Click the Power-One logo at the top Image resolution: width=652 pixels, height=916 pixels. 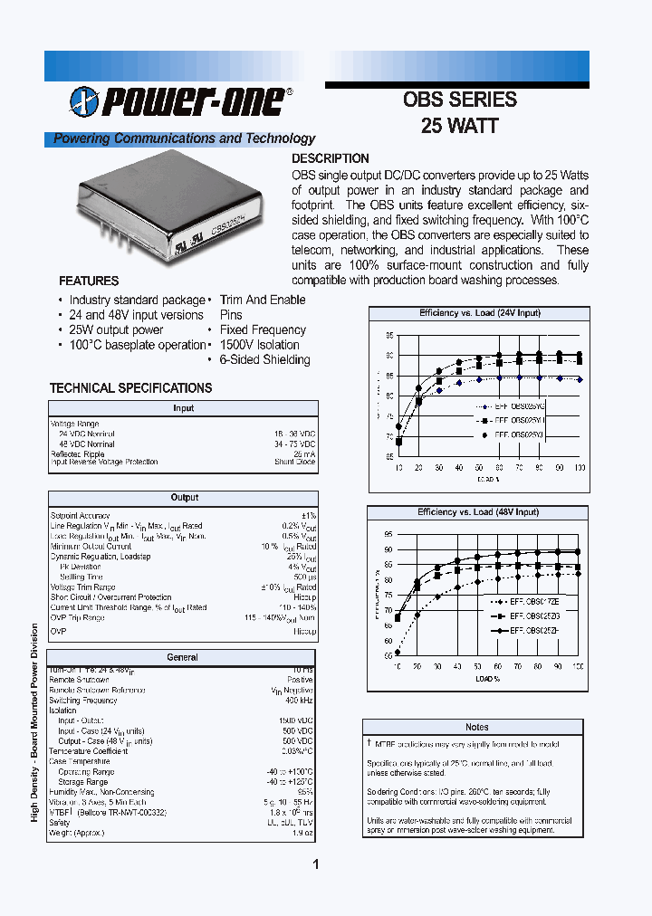click(180, 103)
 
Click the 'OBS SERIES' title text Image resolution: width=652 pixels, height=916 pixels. click(459, 100)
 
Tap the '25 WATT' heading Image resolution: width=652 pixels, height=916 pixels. click(459, 126)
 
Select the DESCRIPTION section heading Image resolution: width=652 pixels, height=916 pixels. click(330, 158)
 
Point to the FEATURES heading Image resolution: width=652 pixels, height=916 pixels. click(89, 281)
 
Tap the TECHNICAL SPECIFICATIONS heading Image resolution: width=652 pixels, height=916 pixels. click(130, 388)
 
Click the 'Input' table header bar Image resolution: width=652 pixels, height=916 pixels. click(184, 408)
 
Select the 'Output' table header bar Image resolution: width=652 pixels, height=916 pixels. click(184, 498)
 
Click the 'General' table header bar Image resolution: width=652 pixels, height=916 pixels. click(184, 658)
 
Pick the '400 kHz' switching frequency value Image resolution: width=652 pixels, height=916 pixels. click(300, 701)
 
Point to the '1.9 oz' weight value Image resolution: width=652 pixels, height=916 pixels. click(304, 832)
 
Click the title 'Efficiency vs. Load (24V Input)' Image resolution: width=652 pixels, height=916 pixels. click(479, 313)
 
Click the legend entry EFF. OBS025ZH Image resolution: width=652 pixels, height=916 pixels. click(532, 630)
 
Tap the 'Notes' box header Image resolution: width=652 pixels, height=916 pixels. click(476, 727)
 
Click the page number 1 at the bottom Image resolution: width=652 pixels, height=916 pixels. click(316, 865)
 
